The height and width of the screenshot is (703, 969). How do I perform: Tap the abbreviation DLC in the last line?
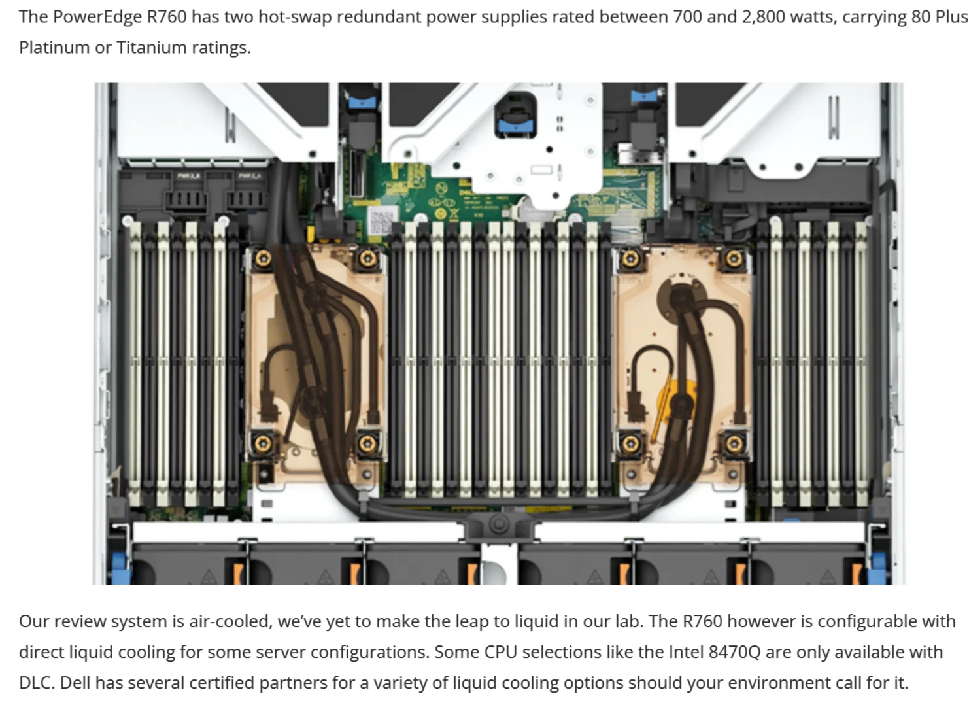pyautogui.click(x=36, y=683)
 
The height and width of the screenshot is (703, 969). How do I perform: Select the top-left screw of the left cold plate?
pyautogui.click(x=263, y=258)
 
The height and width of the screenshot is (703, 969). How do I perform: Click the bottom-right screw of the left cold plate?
pyautogui.click(x=367, y=444)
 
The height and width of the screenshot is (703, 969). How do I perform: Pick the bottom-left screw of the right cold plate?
pyautogui.click(x=630, y=444)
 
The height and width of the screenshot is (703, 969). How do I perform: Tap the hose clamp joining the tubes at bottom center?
pyautogui.click(x=498, y=523)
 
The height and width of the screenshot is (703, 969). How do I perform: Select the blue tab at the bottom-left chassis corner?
pyautogui.click(x=120, y=566)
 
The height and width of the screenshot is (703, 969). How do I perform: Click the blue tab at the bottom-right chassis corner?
pyautogui.click(x=877, y=566)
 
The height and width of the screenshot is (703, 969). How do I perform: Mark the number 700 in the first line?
pyautogui.click(x=687, y=16)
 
